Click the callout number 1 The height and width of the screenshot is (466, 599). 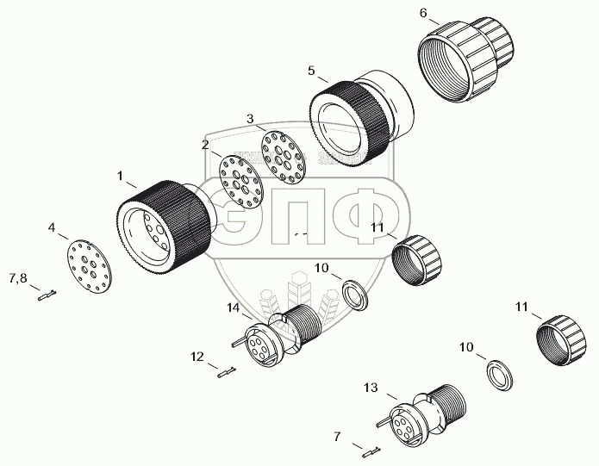(121, 175)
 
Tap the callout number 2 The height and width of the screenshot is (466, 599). (205, 145)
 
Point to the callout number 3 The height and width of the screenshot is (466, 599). (250, 117)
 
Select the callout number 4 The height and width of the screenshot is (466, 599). (53, 228)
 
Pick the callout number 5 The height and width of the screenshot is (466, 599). (311, 71)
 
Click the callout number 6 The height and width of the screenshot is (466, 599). (423, 13)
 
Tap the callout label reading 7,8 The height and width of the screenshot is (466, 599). (18, 278)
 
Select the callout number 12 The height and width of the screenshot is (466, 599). (197, 356)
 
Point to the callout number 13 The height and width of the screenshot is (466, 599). (370, 389)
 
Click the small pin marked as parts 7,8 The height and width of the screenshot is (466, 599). (47, 297)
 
